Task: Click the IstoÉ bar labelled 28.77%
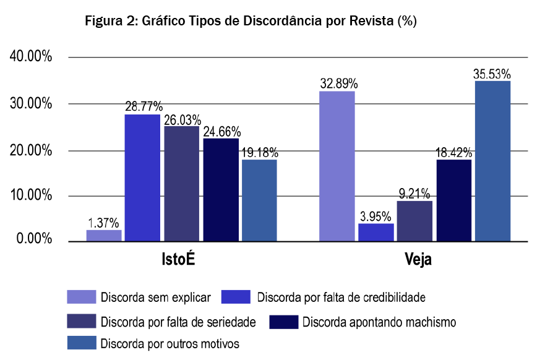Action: pyautogui.click(x=142, y=178)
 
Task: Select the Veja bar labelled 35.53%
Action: pyautogui.click(x=492, y=161)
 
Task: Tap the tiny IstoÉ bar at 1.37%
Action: pyautogui.click(x=104, y=235)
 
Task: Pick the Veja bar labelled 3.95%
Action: pyautogui.click(x=376, y=232)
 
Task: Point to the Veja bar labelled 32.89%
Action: pyautogui.click(x=337, y=166)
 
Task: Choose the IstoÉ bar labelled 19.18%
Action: pyautogui.click(x=259, y=200)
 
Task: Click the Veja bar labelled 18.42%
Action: pyautogui.click(x=454, y=200)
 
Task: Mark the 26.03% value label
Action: pyautogui.click(x=182, y=118)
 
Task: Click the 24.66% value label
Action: pyautogui.click(x=221, y=131)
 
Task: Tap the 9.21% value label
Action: pyautogui.click(x=414, y=193)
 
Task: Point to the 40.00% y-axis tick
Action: pyautogui.click(x=30, y=57)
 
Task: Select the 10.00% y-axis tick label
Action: pyautogui.click(x=30, y=196)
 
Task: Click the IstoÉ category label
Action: pyautogui.click(x=174, y=260)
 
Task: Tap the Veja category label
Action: pyautogui.click(x=415, y=260)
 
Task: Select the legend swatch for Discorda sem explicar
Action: pyautogui.click(x=81, y=297)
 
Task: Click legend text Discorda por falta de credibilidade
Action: pyautogui.click(x=341, y=297)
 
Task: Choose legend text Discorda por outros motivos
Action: pyautogui.click(x=170, y=343)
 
